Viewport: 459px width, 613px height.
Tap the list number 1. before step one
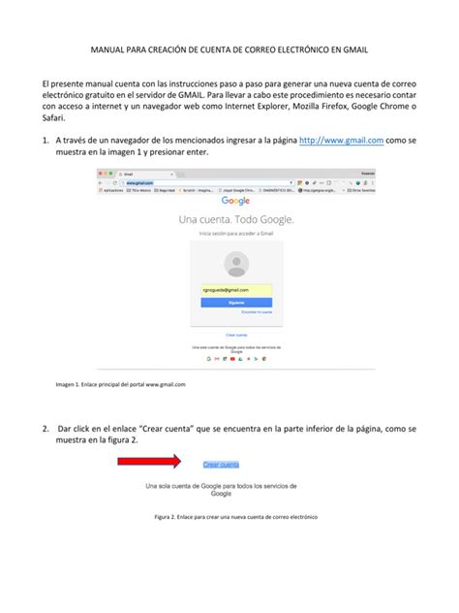[x=46, y=141]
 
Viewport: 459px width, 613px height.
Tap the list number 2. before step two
[x=46, y=428]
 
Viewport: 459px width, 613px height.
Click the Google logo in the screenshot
[x=235, y=202]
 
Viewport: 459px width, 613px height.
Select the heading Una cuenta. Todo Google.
[x=235, y=220]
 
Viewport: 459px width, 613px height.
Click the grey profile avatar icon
[x=235, y=264]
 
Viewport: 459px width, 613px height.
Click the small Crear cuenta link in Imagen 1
[x=235, y=334]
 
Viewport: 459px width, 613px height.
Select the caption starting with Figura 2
[x=236, y=517]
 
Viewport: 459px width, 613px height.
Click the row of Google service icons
[x=235, y=357]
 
